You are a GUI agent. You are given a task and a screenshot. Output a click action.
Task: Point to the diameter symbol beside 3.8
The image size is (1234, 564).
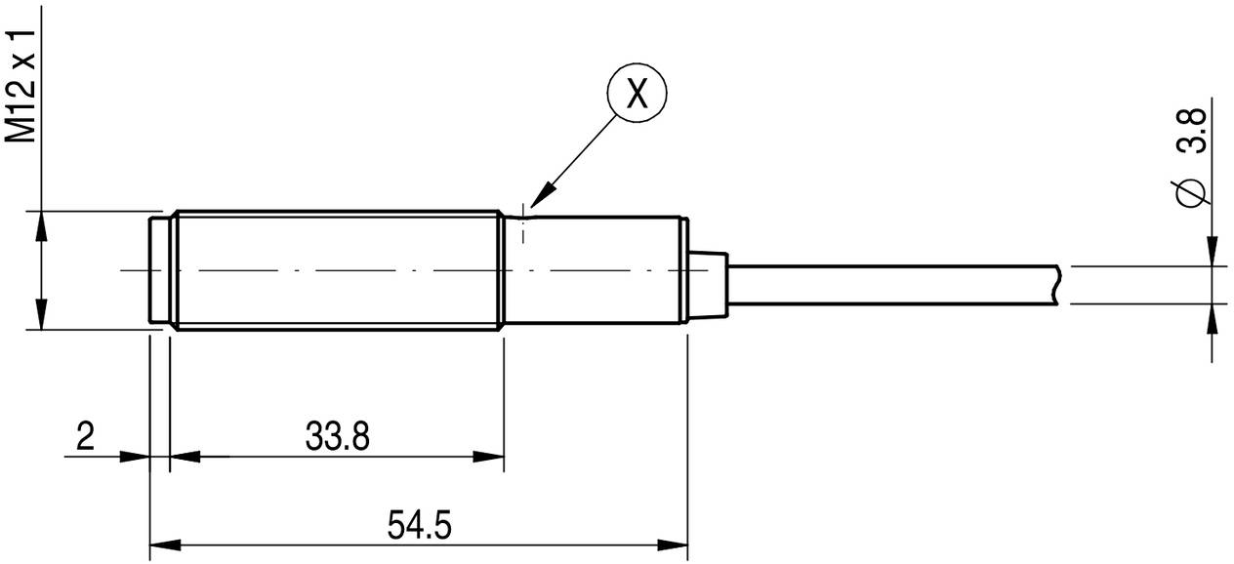pos(1191,191)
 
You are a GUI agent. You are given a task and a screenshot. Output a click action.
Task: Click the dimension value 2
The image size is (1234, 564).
pos(86,436)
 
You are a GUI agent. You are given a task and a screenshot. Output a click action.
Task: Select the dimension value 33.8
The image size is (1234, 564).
pos(337,436)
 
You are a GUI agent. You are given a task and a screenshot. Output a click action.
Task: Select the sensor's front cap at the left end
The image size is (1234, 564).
pos(158,269)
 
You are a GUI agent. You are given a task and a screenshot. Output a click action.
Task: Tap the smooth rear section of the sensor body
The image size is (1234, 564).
pos(596,269)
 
